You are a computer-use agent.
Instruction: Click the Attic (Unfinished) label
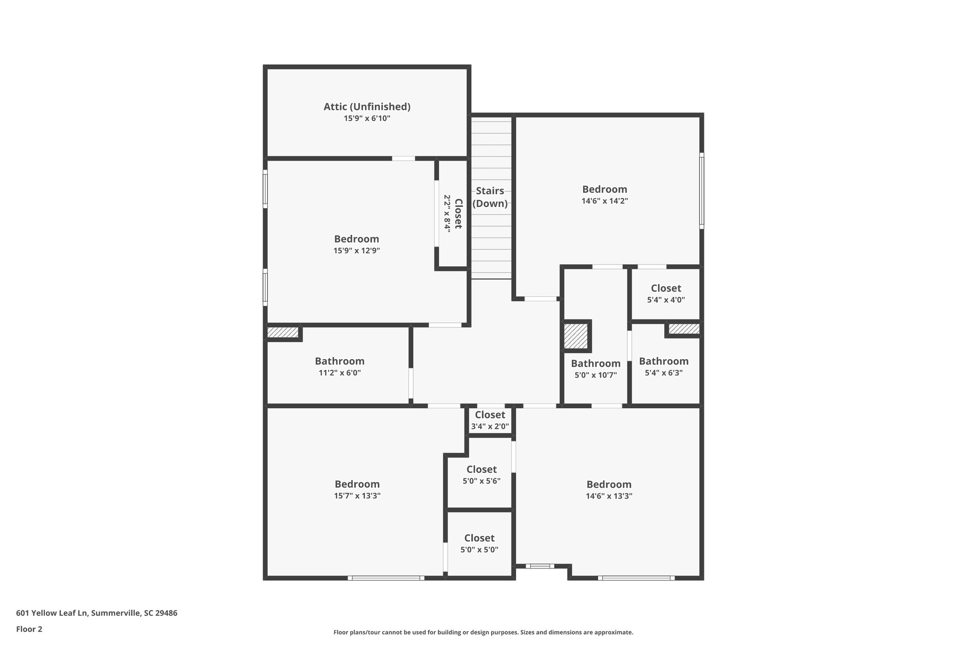367,107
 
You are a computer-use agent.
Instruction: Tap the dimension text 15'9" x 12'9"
356,251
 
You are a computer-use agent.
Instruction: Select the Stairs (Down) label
490,197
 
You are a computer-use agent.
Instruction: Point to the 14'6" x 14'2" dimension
604,201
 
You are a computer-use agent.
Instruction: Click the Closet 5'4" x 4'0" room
666,293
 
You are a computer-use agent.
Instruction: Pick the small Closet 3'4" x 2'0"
490,420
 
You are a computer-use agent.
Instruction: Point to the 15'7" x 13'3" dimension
357,496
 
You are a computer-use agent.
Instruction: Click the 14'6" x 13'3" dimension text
609,496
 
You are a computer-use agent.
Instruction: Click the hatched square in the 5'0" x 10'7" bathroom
576,336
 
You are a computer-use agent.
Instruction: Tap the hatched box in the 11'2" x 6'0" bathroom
283,333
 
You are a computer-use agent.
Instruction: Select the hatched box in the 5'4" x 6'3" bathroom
684,329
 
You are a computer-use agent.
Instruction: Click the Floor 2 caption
29,629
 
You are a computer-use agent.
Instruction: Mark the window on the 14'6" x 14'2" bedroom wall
702,191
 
